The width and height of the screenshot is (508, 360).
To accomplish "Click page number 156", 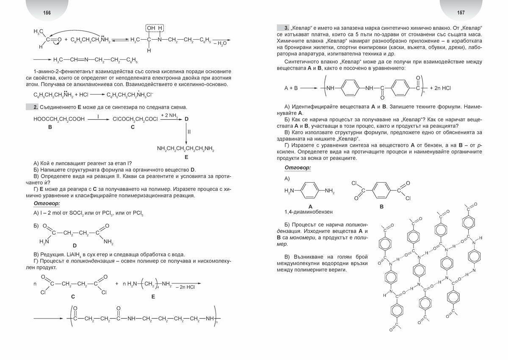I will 47,13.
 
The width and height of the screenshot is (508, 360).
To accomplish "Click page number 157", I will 461,13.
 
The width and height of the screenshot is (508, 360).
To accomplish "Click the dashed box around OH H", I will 155,28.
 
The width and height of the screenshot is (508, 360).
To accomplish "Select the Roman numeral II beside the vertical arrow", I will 189,132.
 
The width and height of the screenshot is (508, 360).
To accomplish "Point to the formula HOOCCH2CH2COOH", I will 59,120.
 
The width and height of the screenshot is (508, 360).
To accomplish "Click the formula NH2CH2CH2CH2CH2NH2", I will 185,149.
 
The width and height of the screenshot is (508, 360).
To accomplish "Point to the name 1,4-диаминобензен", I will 308,212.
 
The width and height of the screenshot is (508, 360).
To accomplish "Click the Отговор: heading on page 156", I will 47,203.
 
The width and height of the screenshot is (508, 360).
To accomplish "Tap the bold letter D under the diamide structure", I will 75,245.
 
